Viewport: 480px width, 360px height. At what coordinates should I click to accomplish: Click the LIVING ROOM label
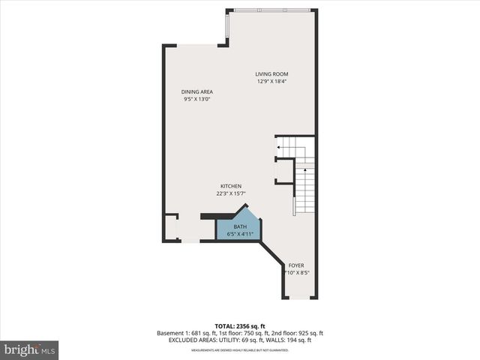tap(271, 73)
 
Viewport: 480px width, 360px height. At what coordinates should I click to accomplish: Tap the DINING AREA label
tap(196, 91)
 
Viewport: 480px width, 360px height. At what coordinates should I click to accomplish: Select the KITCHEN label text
tap(230, 186)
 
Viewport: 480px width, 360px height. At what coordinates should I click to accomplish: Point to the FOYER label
tap(297, 265)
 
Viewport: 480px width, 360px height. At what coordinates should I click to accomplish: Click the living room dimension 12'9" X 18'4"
tap(271, 81)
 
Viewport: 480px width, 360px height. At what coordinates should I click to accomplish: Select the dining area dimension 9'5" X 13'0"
tap(196, 99)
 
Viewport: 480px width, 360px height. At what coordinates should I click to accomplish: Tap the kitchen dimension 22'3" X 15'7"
tap(230, 193)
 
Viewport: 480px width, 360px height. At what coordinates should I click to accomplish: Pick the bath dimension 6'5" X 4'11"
tap(241, 233)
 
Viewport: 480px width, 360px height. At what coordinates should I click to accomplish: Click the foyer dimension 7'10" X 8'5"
tap(298, 272)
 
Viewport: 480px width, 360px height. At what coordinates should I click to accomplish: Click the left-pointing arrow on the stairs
tap(279, 148)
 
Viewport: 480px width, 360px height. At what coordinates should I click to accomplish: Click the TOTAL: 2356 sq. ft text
tap(240, 326)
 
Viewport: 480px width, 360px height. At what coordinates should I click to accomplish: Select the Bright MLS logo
tap(30, 349)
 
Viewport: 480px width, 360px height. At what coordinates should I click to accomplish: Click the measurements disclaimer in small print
tap(240, 349)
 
